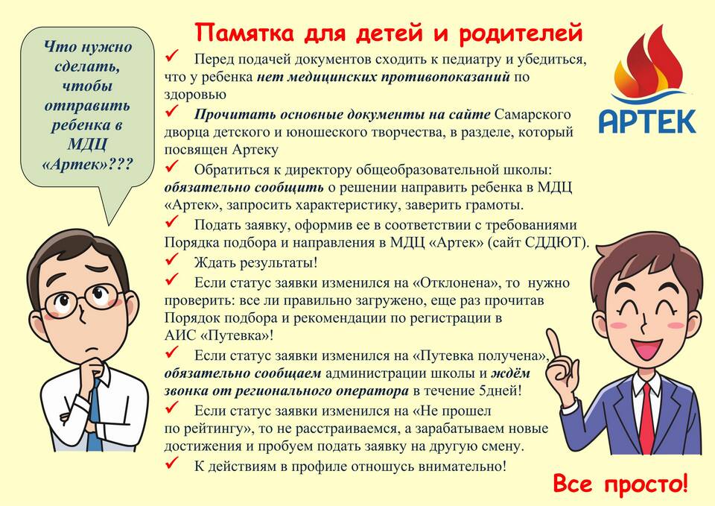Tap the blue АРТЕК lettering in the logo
tap(647, 121)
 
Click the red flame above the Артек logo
tap(649, 64)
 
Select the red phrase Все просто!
tap(620, 484)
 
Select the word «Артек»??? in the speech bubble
tap(87, 164)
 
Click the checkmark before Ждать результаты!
tap(172, 259)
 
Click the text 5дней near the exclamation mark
tap(498, 391)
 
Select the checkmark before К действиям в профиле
tap(172, 464)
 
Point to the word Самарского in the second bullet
tap(533, 115)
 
